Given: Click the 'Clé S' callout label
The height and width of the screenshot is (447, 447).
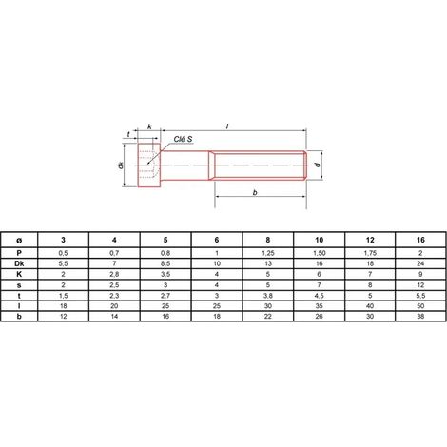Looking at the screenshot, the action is (x=183, y=139).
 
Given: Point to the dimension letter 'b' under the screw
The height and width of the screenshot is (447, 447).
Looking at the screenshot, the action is (x=255, y=192).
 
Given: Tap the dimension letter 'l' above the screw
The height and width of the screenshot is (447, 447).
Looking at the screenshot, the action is (x=227, y=126).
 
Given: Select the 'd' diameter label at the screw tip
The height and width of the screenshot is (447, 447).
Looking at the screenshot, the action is (x=318, y=165).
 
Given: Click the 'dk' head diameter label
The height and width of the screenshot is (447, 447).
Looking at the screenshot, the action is (x=121, y=165).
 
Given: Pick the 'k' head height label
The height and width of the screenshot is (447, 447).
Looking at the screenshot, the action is (x=149, y=126).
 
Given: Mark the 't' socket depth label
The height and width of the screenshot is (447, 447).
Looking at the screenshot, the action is (x=128, y=134).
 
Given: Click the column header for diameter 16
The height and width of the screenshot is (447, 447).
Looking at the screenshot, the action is (x=420, y=240).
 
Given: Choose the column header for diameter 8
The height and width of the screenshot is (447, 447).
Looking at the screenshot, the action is (x=268, y=240).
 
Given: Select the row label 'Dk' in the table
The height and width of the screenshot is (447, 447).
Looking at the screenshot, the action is (x=19, y=263).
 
